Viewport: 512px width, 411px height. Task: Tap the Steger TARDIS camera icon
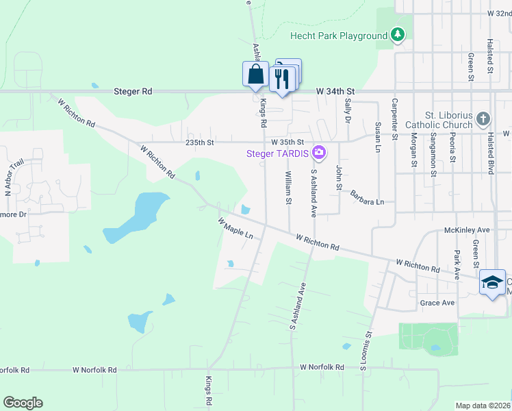(318, 151)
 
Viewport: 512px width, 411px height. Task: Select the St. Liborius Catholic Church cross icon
(483, 119)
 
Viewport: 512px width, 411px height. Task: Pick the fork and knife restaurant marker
(282, 79)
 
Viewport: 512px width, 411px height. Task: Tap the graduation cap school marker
(491, 283)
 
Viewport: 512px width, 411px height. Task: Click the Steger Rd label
(133, 91)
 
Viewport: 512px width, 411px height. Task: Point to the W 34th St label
(336, 91)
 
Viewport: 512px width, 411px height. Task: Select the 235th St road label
(200, 142)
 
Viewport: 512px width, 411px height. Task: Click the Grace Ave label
(438, 303)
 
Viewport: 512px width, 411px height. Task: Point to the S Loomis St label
(366, 351)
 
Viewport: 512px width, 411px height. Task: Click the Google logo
(23, 403)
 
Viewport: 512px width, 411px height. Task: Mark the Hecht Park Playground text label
(338, 36)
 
